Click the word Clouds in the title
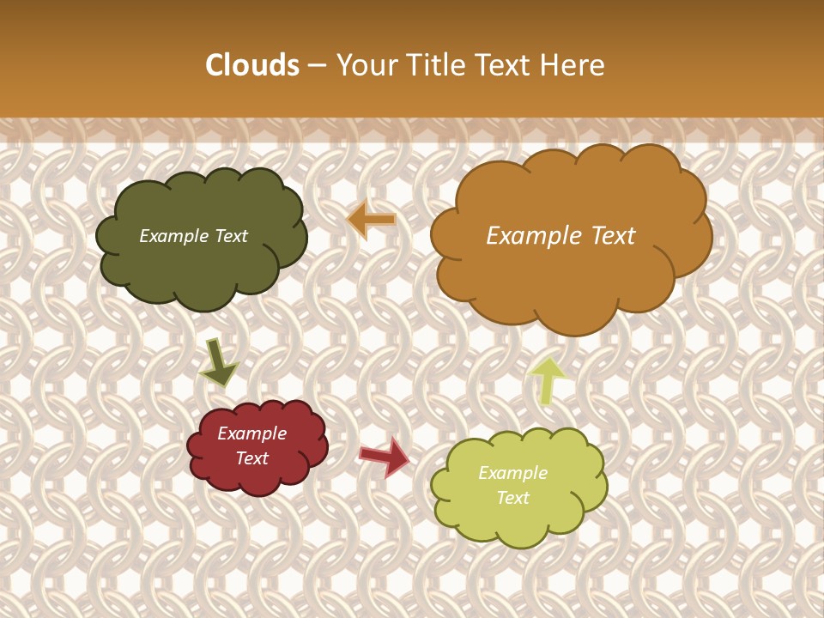(252, 65)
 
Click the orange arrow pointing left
(372, 220)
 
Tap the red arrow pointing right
(385, 457)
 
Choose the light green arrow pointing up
(547, 379)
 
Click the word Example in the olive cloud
(173, 236)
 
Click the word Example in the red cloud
(252, 433)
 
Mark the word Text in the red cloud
(252, 458)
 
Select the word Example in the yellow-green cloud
(512, 473)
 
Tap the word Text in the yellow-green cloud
(512, 498)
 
